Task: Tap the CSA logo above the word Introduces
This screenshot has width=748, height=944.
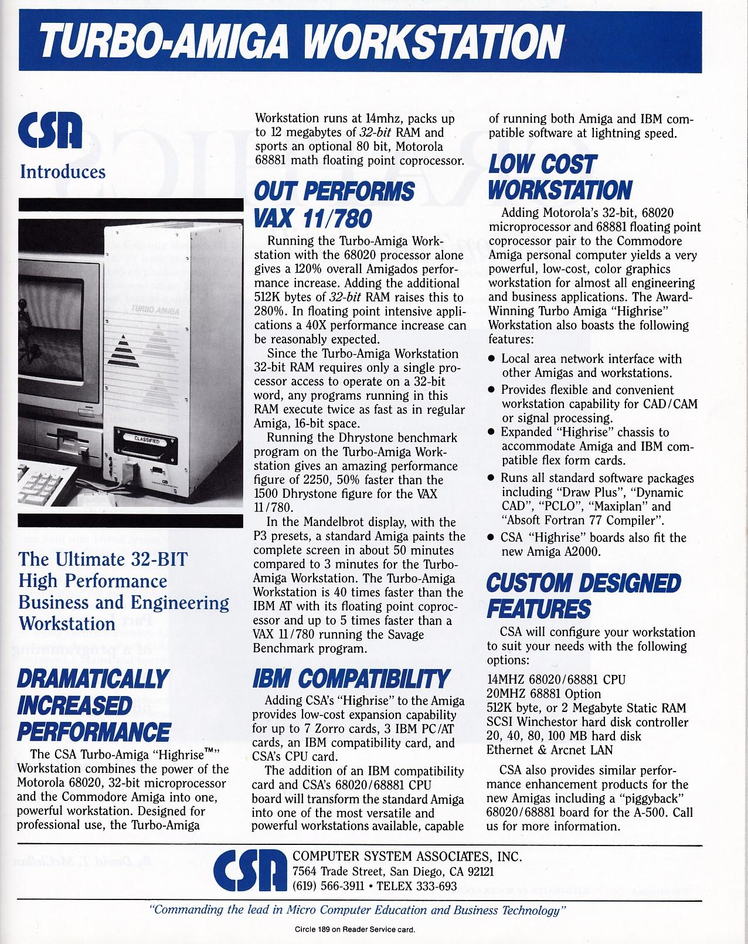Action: click(x=50, y=131)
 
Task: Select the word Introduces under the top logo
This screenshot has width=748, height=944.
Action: click(x=63, y=172)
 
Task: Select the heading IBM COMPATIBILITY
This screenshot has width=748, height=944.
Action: click(x=351, y=678)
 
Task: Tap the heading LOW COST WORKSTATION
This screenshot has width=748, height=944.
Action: click(x=559, y=177)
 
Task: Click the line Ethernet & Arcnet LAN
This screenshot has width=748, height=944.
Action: click(x=549, y=750)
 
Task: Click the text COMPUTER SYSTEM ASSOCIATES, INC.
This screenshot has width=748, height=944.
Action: click(x=407, y=857)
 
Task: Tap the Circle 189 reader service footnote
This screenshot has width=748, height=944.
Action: click(x=357, y=929)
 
